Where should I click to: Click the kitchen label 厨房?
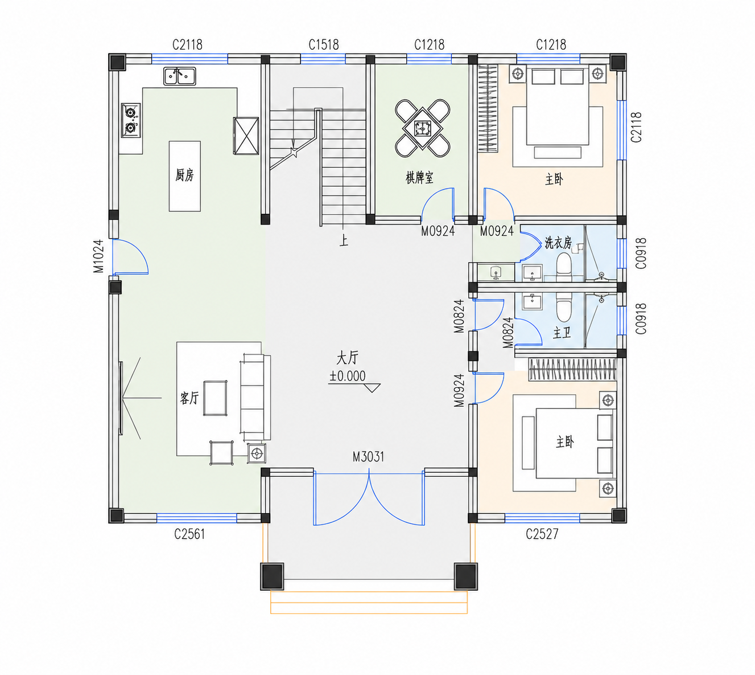click(x=185, y=175)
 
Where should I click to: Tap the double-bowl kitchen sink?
click(x=180, y=76)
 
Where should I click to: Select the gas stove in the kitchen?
click(x=131, y=120)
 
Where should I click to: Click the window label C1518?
click(x=324, y=45)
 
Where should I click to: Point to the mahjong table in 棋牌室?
click(x=423, y=128)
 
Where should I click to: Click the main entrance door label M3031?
click(x=368, y=457)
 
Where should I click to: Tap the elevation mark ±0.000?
click(x=347, y=376)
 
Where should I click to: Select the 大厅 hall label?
click(x=347, y=358)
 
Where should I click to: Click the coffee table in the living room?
click(x=215, y=398)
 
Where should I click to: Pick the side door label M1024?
click(x=98, y=256)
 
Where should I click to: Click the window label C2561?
click(x=189, y=534)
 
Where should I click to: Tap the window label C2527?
click(x=542, y=534)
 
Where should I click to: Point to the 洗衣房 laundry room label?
click(x=558, y=243)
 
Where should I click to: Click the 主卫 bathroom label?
click(x=562, y=333)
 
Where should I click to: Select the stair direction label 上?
click(x=344, y=241)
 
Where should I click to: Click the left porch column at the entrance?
click(x=272, y=576)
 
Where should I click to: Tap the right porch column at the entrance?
click(x=466, y=576)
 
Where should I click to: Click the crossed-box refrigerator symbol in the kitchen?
click(x=246, y=136)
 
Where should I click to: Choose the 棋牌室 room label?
click(x=420, y=178)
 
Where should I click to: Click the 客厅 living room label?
click(x=189, y=398)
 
